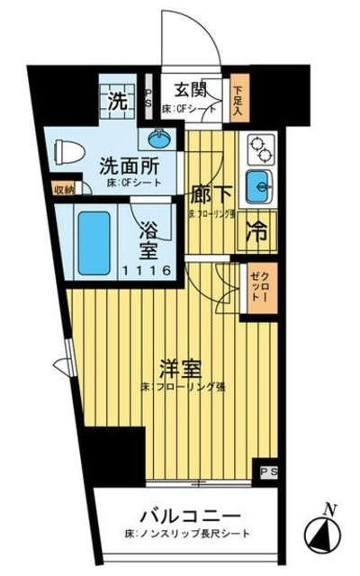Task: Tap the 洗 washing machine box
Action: (x=117, y=100)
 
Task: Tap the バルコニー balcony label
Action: (x=189, y=517)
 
